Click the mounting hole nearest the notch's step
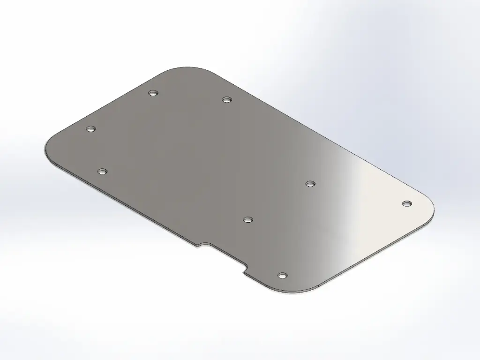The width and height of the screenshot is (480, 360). click(x=282, y=275)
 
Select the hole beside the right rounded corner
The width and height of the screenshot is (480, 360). click(x=407, y=203)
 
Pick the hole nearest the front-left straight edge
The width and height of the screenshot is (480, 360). click(x=103, y=172)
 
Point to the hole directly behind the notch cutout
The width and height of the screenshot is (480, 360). click(x=248, y=219)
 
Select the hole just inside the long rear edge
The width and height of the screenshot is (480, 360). click(x=227, y=99)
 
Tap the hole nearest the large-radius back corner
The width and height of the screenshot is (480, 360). click(x=152, y=93)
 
